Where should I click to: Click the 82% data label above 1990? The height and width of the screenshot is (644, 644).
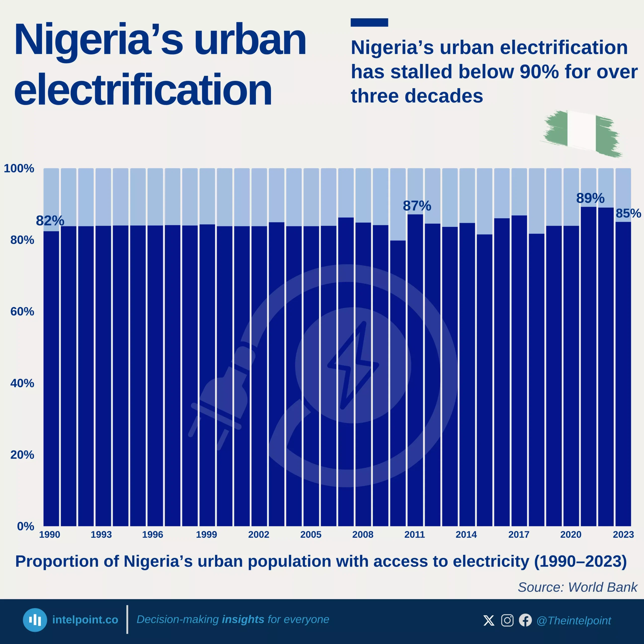50,221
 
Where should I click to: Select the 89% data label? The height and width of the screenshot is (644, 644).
590,198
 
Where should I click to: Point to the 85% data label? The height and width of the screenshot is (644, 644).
628,213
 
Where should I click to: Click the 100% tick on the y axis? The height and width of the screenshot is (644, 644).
19,168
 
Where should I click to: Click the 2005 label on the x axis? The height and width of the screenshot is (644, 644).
311,535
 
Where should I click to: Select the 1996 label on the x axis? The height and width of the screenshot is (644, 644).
153,535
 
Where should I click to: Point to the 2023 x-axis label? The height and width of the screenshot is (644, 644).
623,535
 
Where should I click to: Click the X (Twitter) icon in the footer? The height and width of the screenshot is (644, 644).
489,620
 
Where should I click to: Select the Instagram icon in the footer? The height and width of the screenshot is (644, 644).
507,620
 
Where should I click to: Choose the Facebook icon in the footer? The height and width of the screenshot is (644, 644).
525,620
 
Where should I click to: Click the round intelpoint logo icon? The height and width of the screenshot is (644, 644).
35,620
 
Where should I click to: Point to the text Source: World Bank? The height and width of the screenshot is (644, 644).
577,587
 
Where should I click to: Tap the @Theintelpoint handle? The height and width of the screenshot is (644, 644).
574,621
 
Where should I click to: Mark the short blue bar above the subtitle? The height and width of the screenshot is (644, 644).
369,22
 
